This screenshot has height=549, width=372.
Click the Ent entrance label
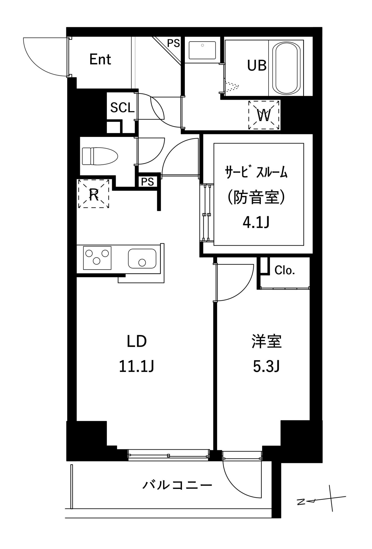(100, 59)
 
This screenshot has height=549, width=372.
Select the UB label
(257, 65)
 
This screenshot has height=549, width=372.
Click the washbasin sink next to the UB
(202, 50)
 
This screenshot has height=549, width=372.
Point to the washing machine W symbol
(264, 115)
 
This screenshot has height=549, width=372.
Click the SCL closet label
(122, 108)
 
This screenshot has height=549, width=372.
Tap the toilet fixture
(100, 156)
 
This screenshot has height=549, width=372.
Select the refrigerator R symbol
(94, 194)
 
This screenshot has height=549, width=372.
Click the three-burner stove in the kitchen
(97, 257)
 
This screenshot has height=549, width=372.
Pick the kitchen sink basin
(142, 258)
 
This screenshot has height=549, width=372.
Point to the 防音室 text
(256, 197)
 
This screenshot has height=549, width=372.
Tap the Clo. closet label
(285, 270)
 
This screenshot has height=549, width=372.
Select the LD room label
(137, 341)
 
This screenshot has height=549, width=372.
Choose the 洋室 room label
(267, 341)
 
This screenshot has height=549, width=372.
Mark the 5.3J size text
(266, 367)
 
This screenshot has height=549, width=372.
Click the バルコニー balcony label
(177, 485)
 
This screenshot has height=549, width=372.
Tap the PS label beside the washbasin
(173, 43)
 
